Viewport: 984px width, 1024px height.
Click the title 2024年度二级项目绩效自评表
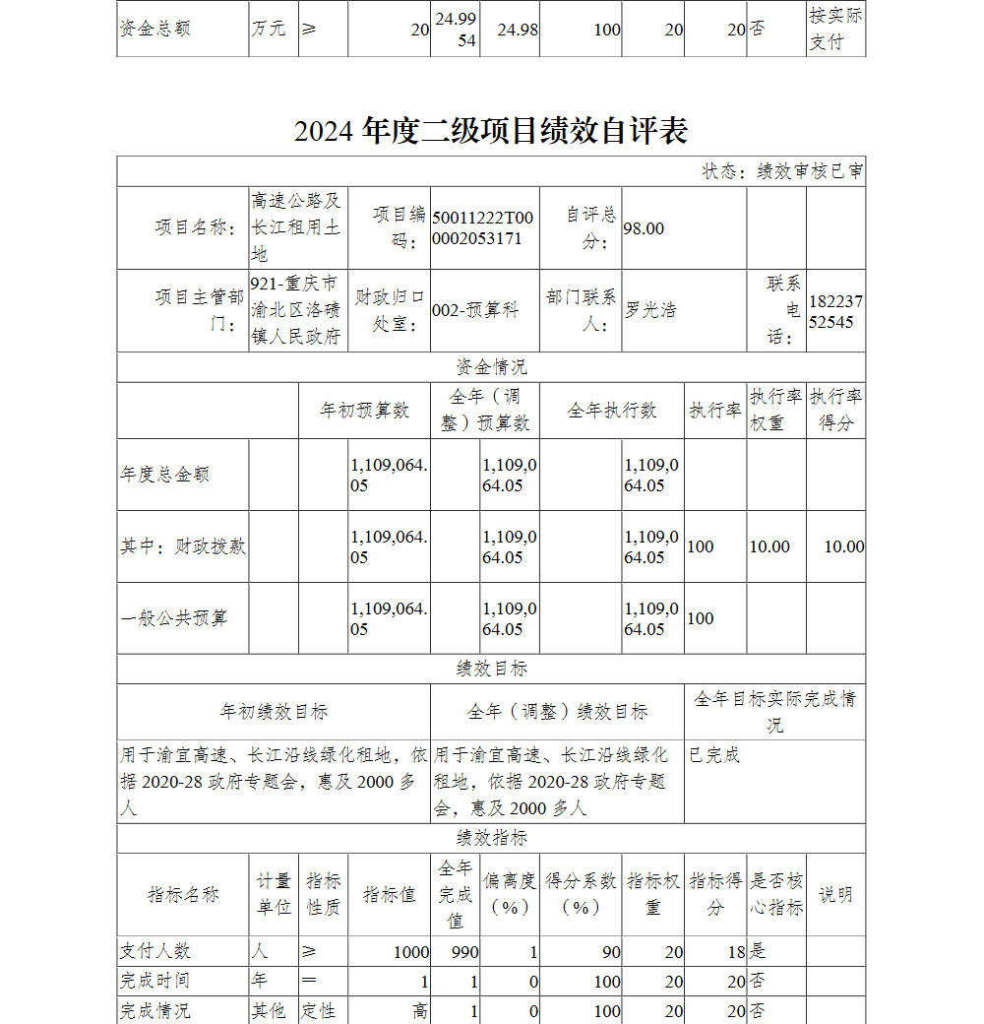[490, 131]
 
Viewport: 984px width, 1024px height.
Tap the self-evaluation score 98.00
[644, 228]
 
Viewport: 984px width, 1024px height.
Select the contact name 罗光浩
[651, 310]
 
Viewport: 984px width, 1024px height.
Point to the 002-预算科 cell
[475, 310]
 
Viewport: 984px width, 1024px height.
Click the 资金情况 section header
[491, 367]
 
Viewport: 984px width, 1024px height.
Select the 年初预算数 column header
[364, 411]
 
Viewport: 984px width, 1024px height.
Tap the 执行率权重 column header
[775, 410]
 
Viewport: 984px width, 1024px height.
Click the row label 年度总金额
[164, 475]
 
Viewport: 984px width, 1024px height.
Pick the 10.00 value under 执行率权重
[769, 546]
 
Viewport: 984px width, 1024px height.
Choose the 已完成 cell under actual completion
[714, 755]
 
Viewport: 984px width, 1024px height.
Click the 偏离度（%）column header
[510, 894]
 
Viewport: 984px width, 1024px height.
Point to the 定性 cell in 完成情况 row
[319, 1011]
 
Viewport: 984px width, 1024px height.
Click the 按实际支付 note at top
[835, 29]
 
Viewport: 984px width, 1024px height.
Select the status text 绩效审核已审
[782, 171]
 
